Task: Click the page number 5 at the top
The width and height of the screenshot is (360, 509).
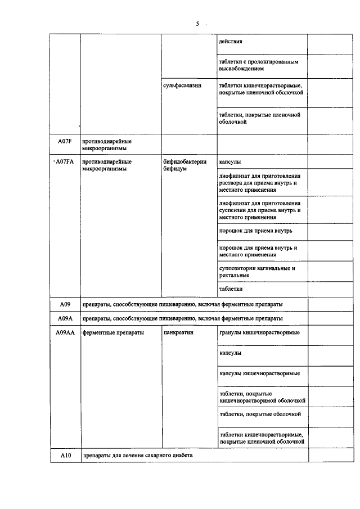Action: click(x=197, y=24)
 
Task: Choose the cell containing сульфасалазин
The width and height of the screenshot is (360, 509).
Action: click(x=182, y=85)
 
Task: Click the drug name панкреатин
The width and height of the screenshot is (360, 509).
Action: click(x=178, y=332)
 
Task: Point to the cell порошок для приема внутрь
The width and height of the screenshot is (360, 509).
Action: click(x=255, y=231)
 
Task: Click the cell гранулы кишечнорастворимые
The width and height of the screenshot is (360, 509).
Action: click(x=259, y=332)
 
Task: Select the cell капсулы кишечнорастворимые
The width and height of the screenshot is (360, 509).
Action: click(x=259, y=373)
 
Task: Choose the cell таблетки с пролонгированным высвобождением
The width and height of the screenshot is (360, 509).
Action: click(x=258, y=65)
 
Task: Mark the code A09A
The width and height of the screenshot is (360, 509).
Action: click(x=65, y=318)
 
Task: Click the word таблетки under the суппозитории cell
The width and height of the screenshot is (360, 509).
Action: click(x=231, y=289)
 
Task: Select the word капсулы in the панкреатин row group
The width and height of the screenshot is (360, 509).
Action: click(x=231, y=353)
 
